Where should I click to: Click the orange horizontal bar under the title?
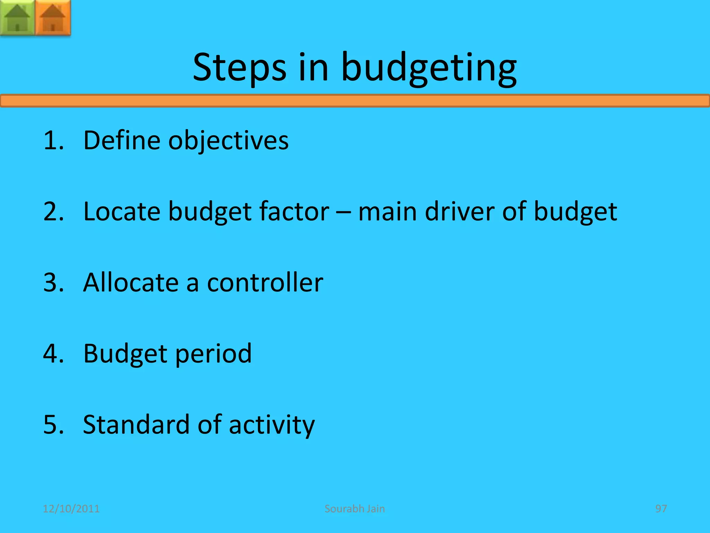pos(355,101)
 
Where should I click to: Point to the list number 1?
pos(53,141)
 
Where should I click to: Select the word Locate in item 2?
pos(122,211)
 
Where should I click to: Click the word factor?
pos(294,211)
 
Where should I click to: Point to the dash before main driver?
pos(344,212)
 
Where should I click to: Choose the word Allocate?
pos(131,282)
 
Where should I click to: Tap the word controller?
pos(265,282)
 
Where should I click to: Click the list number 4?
pos(53,354)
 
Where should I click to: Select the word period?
pos(213,354)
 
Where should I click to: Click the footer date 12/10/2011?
pos(71,509)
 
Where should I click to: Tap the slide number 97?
pos(661,509)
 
